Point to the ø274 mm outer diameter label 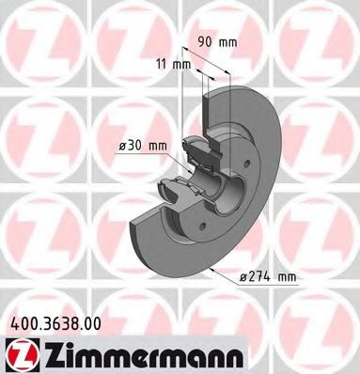pos(268,275)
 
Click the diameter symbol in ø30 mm pos(123,145)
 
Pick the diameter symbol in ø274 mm pos(243,275)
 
